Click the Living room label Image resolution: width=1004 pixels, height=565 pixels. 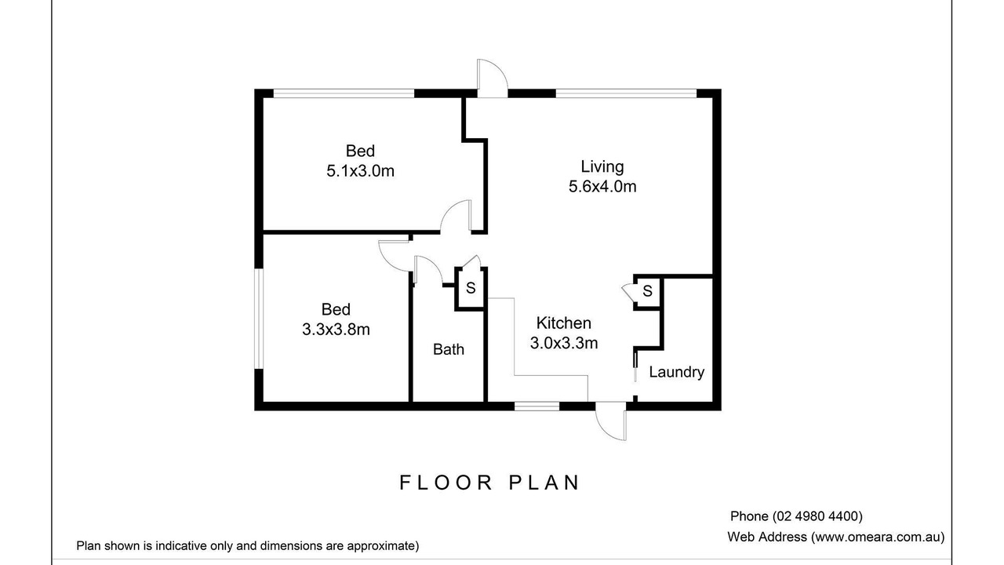tap(602, 167)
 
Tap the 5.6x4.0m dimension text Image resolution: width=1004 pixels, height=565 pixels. tap(602, 187)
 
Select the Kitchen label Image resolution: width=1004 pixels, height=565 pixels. tap(563, 323)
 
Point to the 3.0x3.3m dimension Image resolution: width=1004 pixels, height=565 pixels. tap(564, 343)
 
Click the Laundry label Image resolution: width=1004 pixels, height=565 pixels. tap(676, 372)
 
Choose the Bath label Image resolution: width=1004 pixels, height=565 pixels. tap(448, 349)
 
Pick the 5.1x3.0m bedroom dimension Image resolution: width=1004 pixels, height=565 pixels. tap(360, 171)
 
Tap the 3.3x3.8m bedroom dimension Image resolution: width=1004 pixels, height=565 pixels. tap(336, 330)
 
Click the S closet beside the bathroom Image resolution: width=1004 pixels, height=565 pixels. tap(470, 288)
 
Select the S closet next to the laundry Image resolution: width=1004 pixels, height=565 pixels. tap(647, 291)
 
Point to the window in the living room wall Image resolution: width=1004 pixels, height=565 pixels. tap(626, 93)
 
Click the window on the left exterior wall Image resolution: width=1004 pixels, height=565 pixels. tap(259, 319)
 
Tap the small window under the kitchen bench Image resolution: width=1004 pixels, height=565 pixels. tap(537, 406)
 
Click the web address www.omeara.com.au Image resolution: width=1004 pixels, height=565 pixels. tap(878, 537)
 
